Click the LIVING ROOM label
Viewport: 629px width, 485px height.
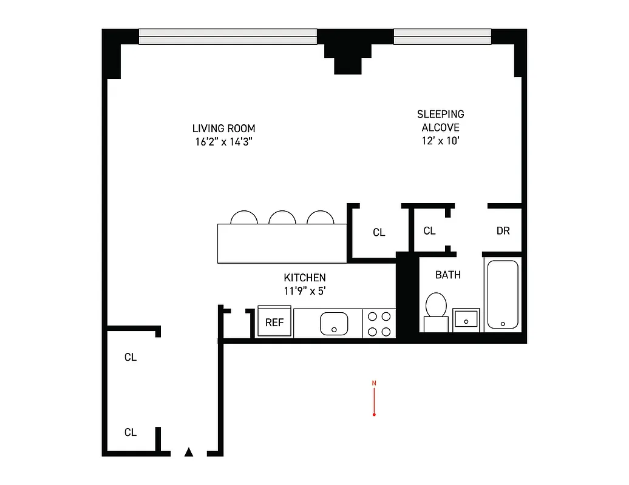tap(223, 129)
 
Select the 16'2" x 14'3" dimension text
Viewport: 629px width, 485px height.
tap(223, 143)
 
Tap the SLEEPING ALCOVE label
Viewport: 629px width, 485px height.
tap(440, 121)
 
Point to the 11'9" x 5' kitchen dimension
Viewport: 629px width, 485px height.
tap(305, 290)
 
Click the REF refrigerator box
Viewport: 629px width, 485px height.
tap(274, 323)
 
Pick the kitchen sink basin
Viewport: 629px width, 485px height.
tap(333, 323)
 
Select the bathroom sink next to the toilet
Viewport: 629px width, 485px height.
tap(466, 318)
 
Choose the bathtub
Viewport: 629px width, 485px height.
tap(502, 294)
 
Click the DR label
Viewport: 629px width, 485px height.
tap(503, 231)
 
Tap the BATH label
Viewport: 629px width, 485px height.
tap(447, 275)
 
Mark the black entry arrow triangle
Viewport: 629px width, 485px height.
tap(189, 452)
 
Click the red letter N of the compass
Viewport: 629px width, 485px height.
tap(374, 383)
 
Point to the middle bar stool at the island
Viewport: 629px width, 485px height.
tap(281, 218)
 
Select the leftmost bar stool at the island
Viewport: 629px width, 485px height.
tap(243, 218)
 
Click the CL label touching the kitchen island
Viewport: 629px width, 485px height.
tap(379, 232)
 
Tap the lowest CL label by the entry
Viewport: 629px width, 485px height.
tap(131, 432)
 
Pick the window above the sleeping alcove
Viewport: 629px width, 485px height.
tap(442, 36)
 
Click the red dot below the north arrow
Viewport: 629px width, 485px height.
tap(374, 415)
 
